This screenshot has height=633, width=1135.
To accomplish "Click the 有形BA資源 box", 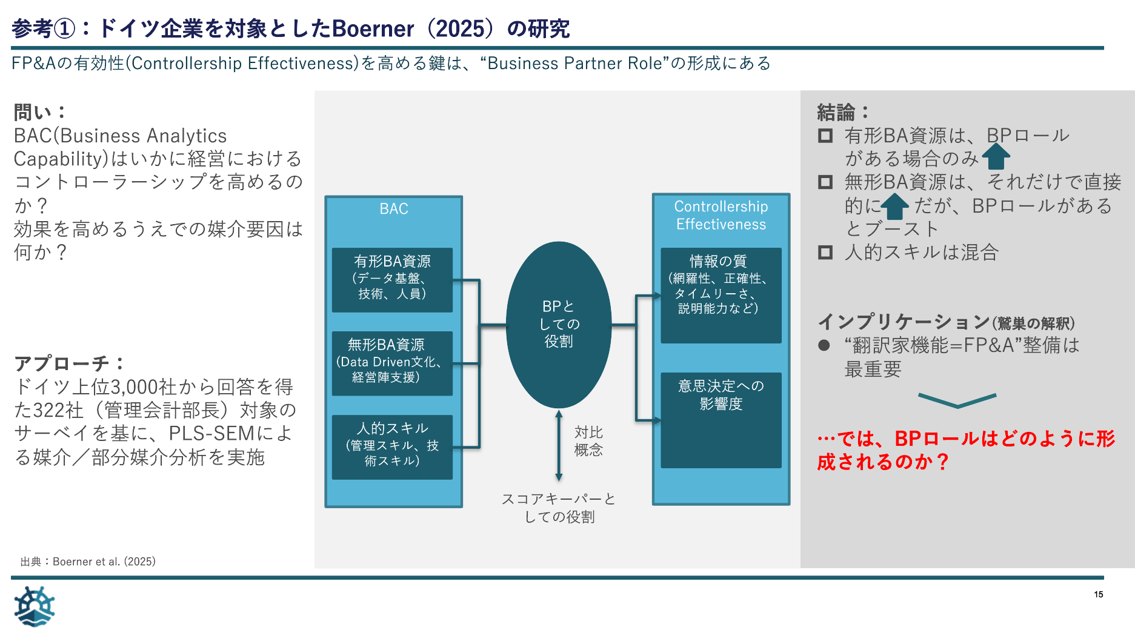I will point(392,279).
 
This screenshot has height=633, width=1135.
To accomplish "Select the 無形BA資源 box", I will point(392,363).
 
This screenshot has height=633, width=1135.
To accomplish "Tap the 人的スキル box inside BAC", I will point(392,446).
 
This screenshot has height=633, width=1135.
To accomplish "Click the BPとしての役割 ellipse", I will point(558,325).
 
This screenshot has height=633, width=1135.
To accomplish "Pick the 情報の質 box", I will point(721,295).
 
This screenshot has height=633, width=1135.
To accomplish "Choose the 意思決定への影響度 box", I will point(721,419).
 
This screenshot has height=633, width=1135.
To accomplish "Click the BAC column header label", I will point(394,209).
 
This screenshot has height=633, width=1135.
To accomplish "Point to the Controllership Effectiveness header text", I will point(721,215).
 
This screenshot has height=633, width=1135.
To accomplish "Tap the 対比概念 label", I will point(588,441).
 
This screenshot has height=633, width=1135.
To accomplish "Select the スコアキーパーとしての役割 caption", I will point(559,508).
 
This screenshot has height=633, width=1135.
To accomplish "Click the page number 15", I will point(1098,594).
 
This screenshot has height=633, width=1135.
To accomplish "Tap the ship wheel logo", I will point(34,606).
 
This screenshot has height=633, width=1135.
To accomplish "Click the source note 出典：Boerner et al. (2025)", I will point(88,562).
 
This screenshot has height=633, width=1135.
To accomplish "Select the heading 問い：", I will point(39,112).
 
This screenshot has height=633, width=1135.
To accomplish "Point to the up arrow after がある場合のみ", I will point(996,157).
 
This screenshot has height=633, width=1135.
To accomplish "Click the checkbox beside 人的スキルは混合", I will point(825,252).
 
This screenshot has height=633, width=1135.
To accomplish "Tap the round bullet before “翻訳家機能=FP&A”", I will point(824,345).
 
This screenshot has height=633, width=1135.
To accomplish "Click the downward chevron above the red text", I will point(957,400).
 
